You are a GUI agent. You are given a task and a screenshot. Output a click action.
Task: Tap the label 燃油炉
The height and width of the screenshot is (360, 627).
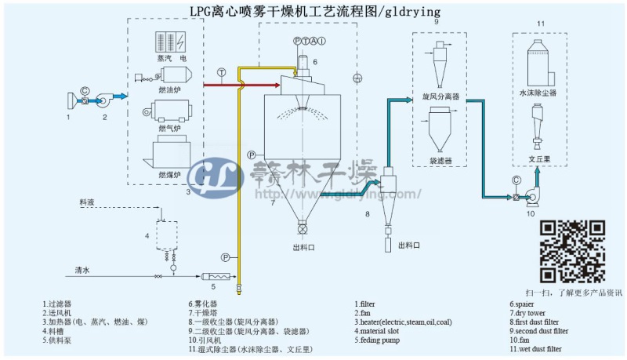tap(169, 89)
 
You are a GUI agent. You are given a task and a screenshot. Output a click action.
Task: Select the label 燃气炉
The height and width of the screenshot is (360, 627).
tap(169, 129)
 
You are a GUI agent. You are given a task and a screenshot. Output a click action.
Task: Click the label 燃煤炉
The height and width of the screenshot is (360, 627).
tap(169, 173)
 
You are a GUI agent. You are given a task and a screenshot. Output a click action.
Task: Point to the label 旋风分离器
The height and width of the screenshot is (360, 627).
tap(440, 96)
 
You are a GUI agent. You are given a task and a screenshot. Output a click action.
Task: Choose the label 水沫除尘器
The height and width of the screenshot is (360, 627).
tap(538, 92)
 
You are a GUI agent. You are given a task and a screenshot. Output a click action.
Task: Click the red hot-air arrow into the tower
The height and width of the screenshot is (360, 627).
tap(235, 82)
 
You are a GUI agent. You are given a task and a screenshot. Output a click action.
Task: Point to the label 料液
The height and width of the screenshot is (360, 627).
tap(88, 202)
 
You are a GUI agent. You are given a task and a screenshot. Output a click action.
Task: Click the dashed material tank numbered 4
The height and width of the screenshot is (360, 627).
tap(165, 233)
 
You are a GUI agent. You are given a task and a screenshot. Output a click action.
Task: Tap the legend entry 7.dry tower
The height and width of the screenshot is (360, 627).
tap(533, 312)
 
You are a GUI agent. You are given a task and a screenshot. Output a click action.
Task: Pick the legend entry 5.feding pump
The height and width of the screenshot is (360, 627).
tap(380, 340)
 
